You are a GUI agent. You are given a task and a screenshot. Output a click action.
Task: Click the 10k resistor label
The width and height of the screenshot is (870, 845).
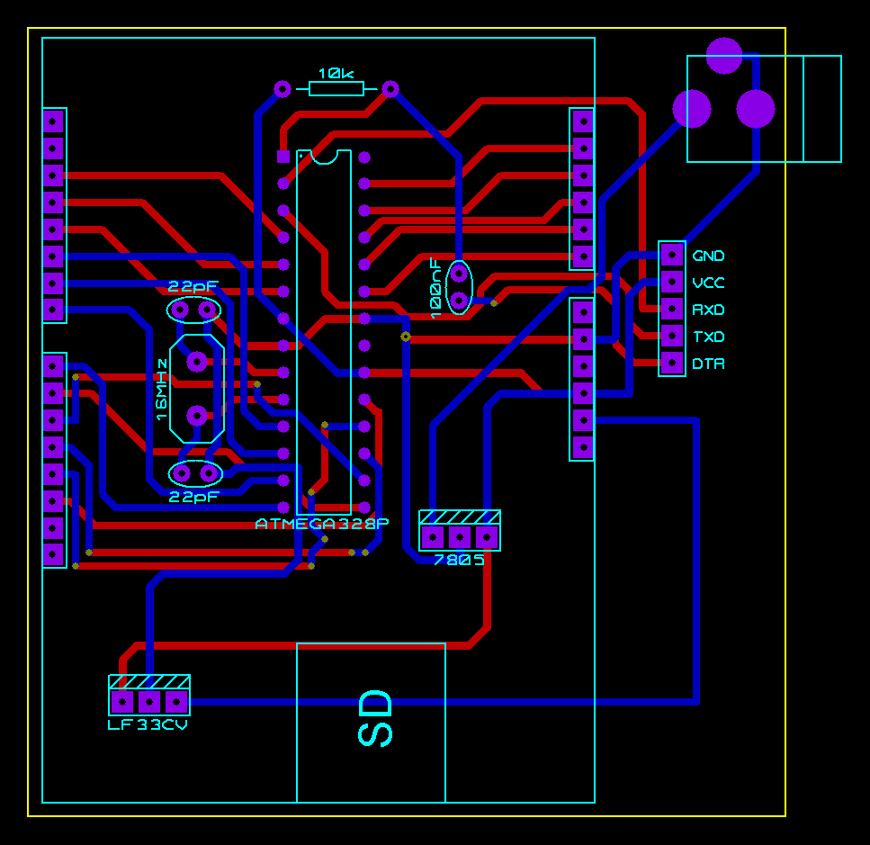[336, 72]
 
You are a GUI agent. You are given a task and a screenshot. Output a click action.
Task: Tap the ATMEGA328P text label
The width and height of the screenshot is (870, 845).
[322, 524]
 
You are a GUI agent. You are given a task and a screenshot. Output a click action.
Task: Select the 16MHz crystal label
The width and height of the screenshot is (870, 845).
[162, 390]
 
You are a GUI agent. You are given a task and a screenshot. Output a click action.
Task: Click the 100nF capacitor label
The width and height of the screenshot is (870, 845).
[436, 288]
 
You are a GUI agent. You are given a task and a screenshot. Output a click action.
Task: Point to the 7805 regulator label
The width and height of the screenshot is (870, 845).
[459, 560]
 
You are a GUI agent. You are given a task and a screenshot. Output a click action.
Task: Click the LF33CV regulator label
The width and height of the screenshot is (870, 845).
[148, 724]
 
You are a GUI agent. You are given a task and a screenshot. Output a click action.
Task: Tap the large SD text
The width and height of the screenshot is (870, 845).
[376, 718]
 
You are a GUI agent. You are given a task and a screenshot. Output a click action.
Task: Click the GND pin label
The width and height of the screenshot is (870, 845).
[708, 256]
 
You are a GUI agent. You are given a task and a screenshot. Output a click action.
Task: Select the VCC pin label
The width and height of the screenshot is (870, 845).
[708, 283]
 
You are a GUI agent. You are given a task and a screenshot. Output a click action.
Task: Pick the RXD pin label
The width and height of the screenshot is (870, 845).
[708, 310]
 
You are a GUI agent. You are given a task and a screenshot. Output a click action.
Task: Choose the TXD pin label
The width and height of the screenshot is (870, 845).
[708, 337]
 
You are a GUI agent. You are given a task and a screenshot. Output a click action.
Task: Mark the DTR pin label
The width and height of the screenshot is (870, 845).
[708, 364]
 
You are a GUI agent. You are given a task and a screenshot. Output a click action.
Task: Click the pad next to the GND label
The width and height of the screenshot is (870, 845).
[672, 256]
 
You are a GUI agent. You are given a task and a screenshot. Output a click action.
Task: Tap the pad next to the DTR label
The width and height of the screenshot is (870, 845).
[672, 364]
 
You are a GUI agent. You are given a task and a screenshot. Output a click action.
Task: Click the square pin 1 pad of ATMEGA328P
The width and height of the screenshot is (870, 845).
[283, 157]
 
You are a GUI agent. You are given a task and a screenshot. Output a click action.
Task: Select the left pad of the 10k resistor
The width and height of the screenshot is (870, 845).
[283, 88]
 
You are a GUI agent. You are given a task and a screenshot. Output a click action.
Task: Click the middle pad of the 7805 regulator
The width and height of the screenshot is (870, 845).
[460, 537]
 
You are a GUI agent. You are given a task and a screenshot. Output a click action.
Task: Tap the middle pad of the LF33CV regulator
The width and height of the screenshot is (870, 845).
[149, 701]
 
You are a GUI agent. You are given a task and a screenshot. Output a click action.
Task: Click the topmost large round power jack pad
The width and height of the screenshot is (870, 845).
[724, 56]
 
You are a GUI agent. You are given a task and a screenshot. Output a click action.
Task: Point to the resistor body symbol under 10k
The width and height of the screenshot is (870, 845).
[336, 88]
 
